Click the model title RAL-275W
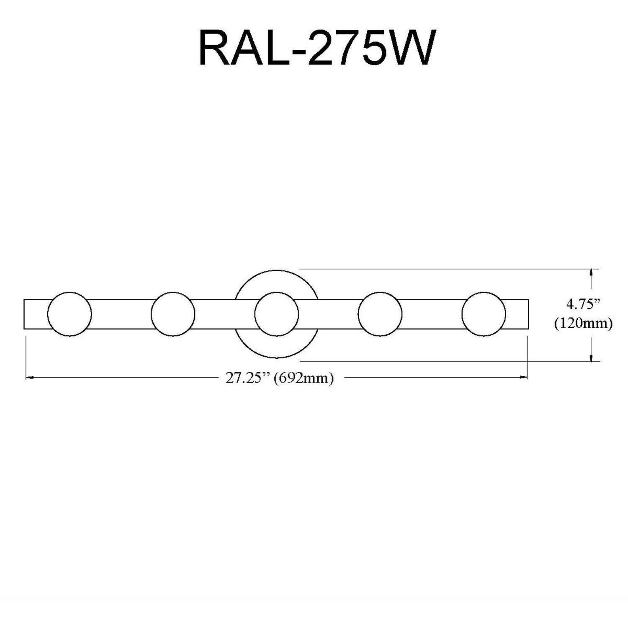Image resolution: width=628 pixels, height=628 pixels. pos(317,48)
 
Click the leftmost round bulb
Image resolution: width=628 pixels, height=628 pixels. pos(69,314)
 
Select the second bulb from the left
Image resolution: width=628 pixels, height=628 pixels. pos(173,314)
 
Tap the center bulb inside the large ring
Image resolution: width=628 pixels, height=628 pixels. pos(276,314)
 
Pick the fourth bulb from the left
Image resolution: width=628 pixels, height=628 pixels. pos(380,314)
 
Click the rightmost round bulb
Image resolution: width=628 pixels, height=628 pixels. pos(484,314)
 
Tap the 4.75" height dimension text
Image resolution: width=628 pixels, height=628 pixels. pos(583,304)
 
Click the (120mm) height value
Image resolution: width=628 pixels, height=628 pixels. pos(583,323)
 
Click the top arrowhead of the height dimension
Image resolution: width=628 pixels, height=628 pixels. pos(591,273)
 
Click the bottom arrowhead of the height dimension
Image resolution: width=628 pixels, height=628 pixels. pos(591,358)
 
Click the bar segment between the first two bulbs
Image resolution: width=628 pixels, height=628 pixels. pos(121,314)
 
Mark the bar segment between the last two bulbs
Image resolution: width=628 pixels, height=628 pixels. pos(432,314)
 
